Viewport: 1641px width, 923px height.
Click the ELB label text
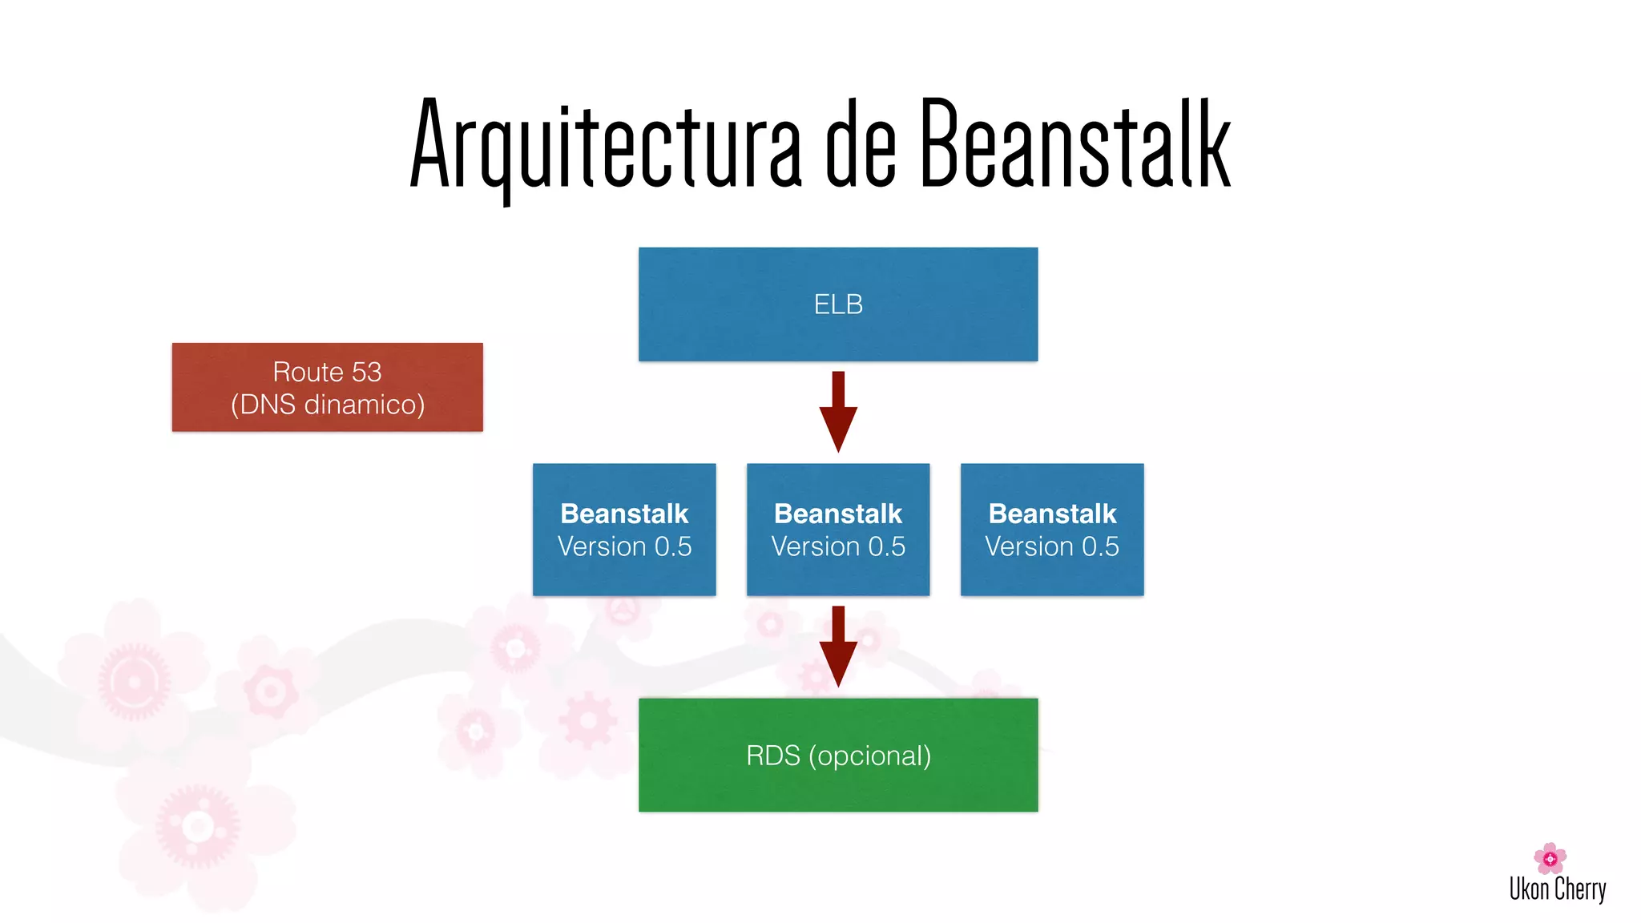[838, 304]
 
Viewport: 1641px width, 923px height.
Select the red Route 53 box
[327, 388]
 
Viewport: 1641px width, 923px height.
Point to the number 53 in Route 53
[366, 372]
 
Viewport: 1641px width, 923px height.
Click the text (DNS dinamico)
[327, 405]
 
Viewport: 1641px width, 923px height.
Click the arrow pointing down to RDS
[838, 647]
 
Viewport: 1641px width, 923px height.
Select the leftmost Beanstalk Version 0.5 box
[624, 530]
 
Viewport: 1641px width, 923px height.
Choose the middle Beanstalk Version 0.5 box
[838, 530]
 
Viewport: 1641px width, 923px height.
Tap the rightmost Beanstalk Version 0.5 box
[1052, 530]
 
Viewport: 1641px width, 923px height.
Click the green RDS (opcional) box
[838, 755]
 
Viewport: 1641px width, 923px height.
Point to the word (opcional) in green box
[870, 756]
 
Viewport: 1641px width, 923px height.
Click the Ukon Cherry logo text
[1558, 889]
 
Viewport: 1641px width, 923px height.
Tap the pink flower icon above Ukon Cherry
[1550, 858]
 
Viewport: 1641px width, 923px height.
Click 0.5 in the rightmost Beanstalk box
[1100, 546]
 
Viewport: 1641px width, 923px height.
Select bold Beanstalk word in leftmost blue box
[624, 514]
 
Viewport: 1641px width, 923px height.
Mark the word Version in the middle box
[816, 546]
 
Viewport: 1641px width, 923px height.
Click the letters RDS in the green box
[772, 756]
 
